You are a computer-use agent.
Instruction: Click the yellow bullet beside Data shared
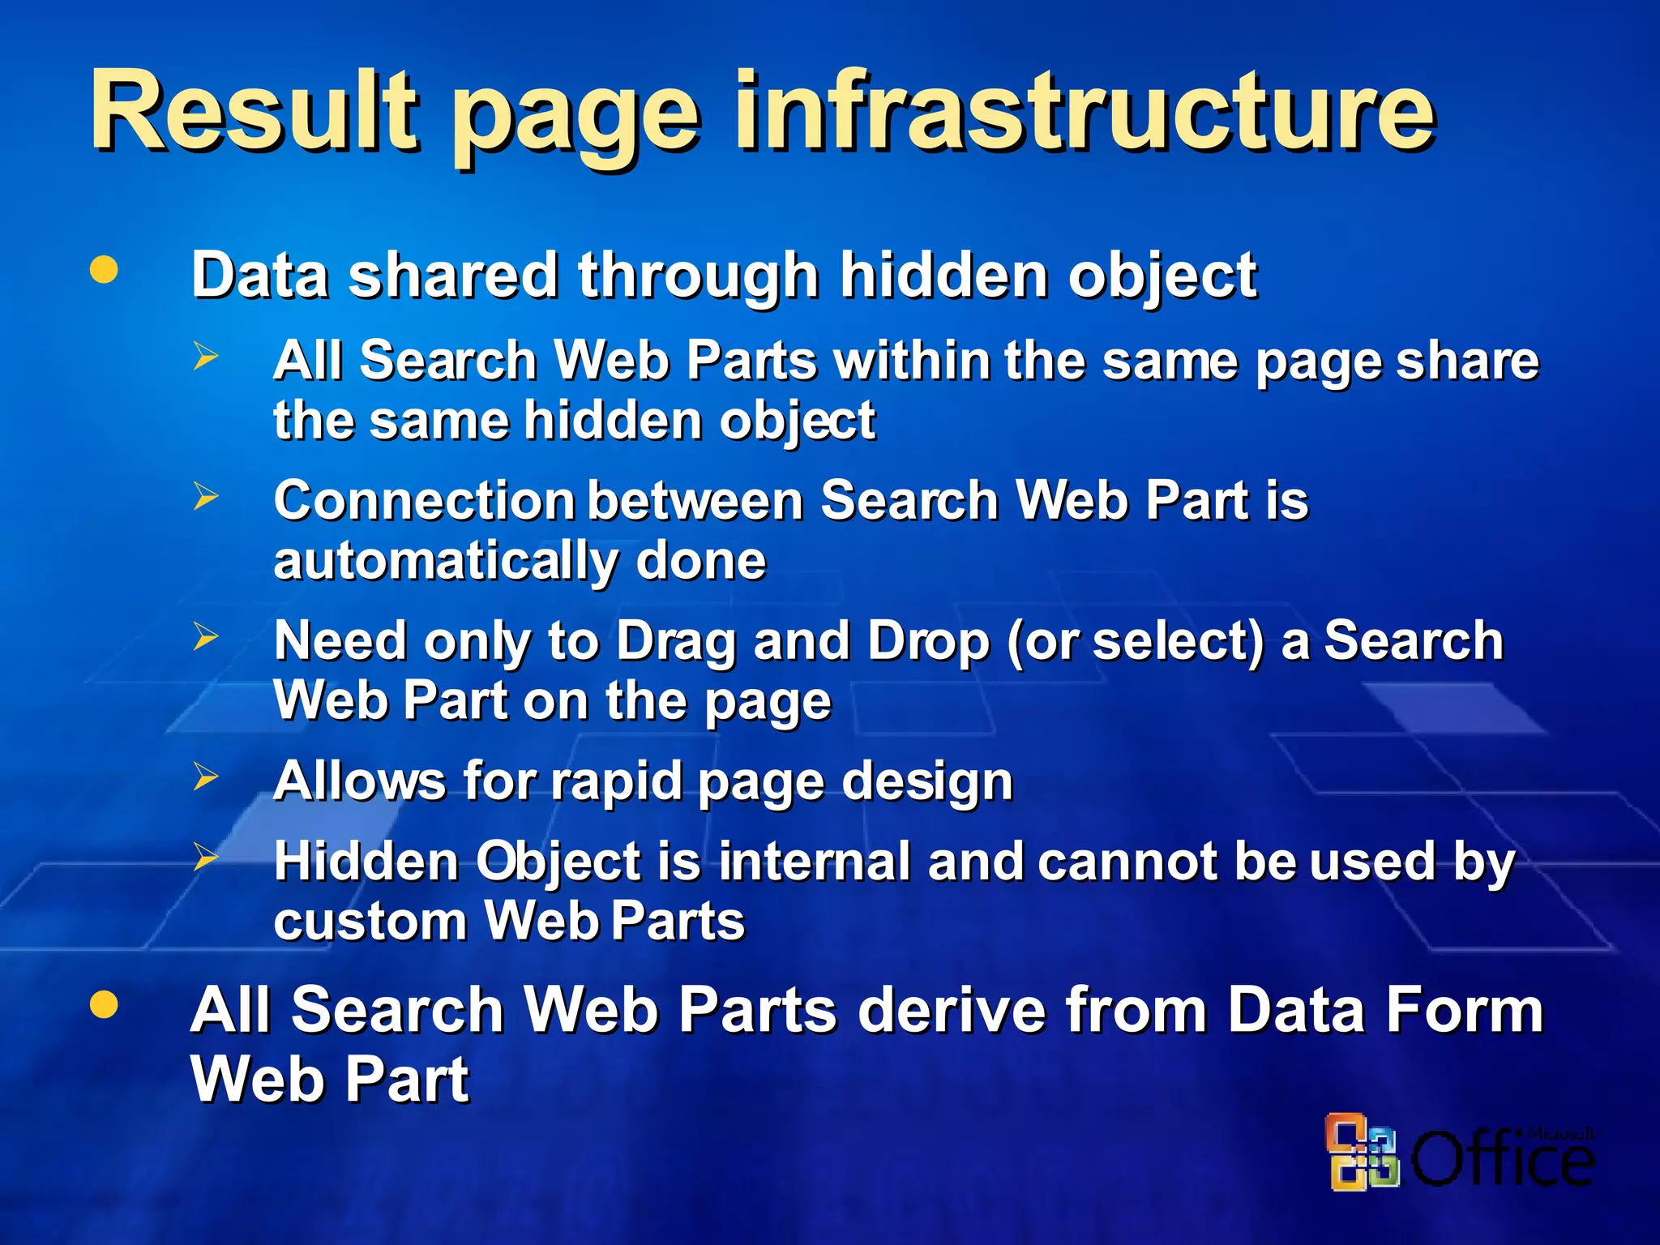104,270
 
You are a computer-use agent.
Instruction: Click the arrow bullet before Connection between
206,495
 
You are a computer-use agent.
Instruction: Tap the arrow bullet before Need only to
206,636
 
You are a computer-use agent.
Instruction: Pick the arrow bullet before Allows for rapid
206,777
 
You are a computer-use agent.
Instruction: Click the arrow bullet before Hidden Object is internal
206,856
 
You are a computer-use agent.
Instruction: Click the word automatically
446,562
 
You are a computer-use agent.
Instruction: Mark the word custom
370,922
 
